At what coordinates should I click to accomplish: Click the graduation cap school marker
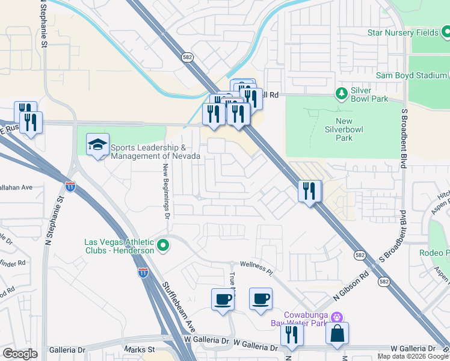point(97,144)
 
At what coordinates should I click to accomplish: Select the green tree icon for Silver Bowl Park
point(342,93)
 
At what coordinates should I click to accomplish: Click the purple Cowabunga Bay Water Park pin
point(337,316)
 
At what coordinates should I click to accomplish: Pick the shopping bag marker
point(337,334)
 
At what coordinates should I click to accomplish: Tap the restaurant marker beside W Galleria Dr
point(292,335)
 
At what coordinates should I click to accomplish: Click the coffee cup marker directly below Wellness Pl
point(260,299)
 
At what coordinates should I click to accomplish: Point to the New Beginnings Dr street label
point(167,188)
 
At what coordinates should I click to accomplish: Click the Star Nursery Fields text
point(403,33)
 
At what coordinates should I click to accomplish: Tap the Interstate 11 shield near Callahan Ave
point(70,187)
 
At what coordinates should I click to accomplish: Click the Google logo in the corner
point(20,354)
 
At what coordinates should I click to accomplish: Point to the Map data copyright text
point(413,356)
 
